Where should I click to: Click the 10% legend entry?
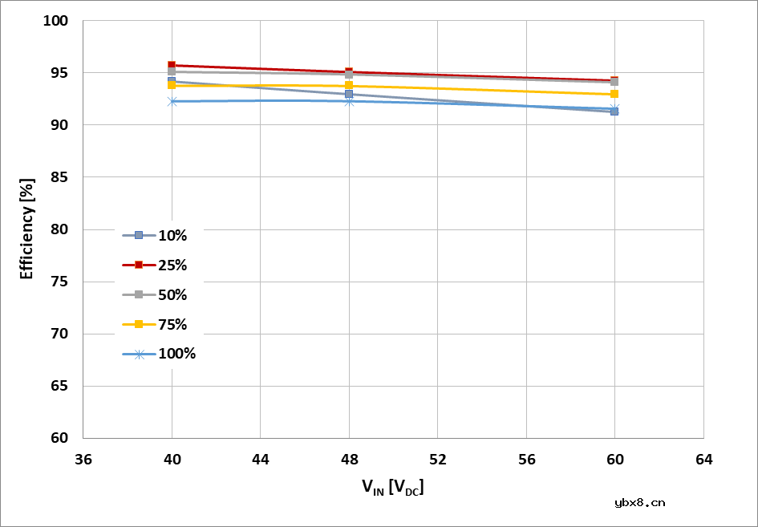159,235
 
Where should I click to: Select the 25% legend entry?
159,265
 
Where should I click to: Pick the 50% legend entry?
159,294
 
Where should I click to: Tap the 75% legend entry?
159,324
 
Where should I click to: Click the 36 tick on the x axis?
83,460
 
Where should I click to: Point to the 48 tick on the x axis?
349,460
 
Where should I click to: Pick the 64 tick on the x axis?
703,460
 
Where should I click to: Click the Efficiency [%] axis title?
27,229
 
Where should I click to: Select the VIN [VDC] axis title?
392,486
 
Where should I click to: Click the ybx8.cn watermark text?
639,503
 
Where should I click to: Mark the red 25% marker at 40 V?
172,66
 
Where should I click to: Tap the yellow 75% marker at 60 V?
614,94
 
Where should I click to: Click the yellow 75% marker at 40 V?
172,85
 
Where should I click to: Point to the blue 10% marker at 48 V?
349,94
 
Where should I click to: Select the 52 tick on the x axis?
438,460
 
